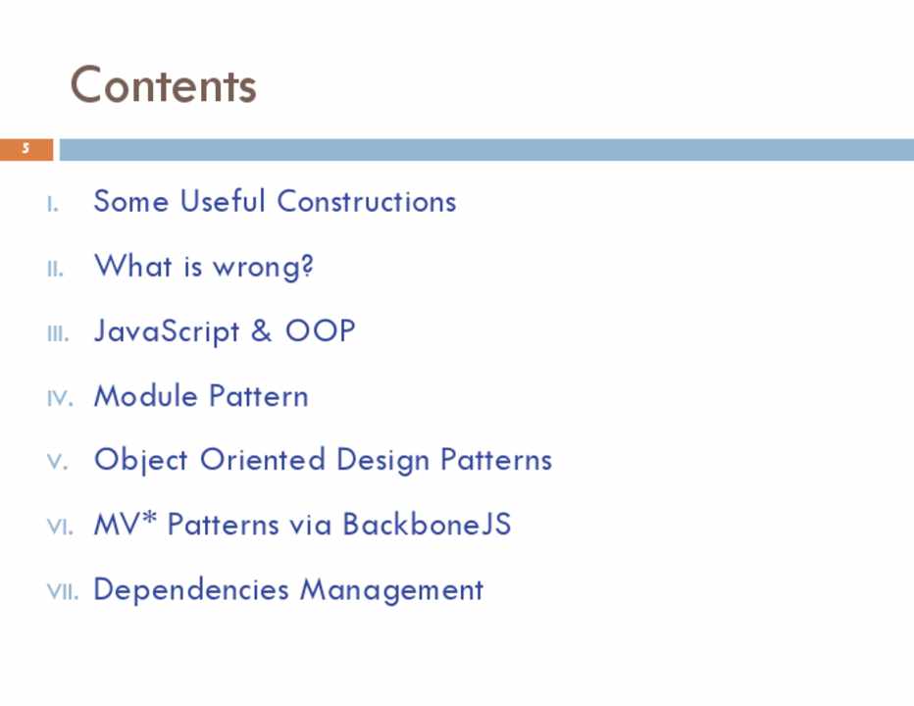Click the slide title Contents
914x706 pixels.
[163, 85]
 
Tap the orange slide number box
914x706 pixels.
[26, 149]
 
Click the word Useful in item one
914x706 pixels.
[222, 201]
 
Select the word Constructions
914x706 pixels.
[366, 202]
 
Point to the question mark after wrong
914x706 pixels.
[307, 266]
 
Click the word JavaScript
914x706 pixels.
[167, 331]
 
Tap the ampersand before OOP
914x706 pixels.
[261, 330]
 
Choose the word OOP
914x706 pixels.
[320, 330]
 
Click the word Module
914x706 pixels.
[146, 396]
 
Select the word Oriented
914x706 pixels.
[262, 460]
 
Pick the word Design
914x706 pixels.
[383, 461]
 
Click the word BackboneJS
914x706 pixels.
[427, 524]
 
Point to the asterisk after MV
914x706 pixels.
[149, 518]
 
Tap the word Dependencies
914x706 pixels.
[191, 590]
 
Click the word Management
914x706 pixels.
[391, 590]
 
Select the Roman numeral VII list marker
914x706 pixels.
[63, 591]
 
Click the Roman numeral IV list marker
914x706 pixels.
[60, 399]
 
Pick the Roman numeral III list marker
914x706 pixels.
[58, 334]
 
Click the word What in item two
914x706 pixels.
[133, 266]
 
